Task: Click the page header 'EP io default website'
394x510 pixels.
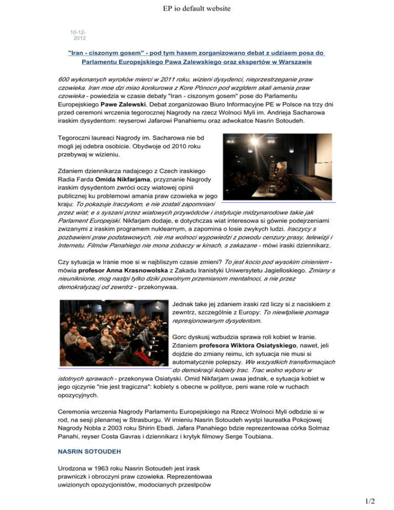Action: coord(196,8)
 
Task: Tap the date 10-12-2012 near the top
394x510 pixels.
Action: coord(78,34)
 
